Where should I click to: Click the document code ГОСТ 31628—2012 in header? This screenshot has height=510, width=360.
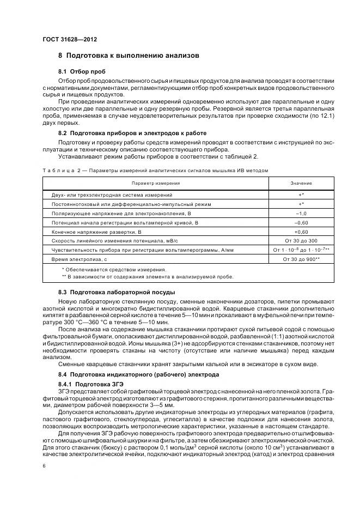tap(66, 39)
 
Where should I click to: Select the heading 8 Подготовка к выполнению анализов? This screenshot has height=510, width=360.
tap(129, 56)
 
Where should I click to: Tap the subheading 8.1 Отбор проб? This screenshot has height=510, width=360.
tap(82, 72)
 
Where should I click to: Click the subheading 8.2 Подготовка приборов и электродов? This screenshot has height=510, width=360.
tap(132, 133)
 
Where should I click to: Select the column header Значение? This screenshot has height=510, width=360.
tap(301, 183)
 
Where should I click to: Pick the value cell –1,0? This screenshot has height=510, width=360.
tap(301, 214)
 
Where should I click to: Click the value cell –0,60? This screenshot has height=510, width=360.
tap(301, 223)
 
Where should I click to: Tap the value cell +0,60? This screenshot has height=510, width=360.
tap(301, 232)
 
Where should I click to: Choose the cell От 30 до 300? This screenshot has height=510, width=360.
tap(301, 240)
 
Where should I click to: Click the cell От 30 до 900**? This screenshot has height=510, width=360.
tap(301, 259)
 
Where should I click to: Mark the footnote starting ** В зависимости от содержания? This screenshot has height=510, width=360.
tap(148, 277)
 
